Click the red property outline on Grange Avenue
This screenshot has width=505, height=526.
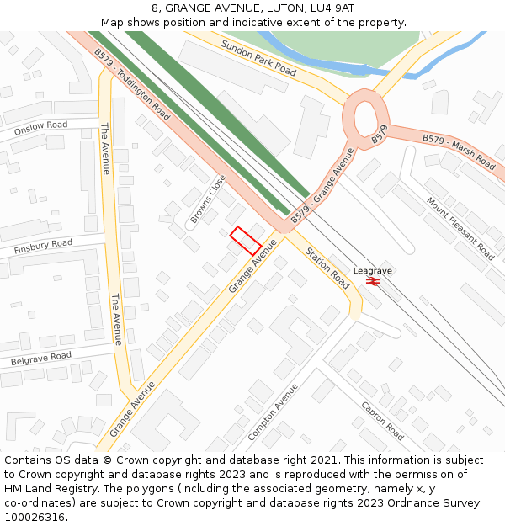point(246,241)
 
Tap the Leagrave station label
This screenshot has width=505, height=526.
point(373,271)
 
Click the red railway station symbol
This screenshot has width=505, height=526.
point(373,282)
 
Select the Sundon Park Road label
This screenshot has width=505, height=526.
point(258,58)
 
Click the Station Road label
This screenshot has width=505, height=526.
point(327,268)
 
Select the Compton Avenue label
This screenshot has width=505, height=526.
point(274,412)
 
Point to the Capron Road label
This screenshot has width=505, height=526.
point(383,420)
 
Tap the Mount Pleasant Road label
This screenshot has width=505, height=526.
point(460,228)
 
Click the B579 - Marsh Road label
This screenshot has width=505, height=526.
point(459,150)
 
